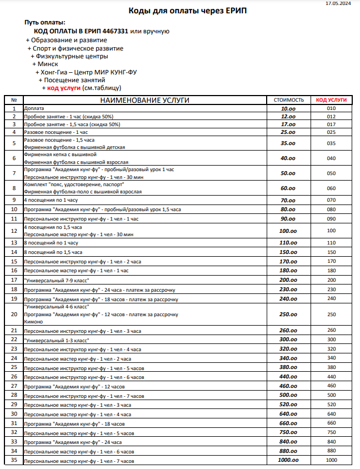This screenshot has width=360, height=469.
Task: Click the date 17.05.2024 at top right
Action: [x=338, y=3]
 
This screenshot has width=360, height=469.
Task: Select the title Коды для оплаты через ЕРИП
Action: [x=180, y=11]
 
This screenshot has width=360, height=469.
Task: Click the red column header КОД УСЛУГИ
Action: [x=331, y=100]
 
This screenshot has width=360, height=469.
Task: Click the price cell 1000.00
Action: [x=288, y=461]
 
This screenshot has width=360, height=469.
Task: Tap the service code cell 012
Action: [x=331, y=117]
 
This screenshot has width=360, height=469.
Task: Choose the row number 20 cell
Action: [x=14, y=314]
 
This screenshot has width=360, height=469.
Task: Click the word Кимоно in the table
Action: [x=33, y=322]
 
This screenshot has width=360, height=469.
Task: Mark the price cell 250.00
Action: [x=288, y=314]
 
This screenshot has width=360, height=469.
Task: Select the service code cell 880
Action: [x=331, y=450]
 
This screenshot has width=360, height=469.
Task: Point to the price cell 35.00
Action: [x=288, y=143]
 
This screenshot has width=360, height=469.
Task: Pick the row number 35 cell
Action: [x=14, y=461]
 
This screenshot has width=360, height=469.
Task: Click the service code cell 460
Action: [x=331, y=385]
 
